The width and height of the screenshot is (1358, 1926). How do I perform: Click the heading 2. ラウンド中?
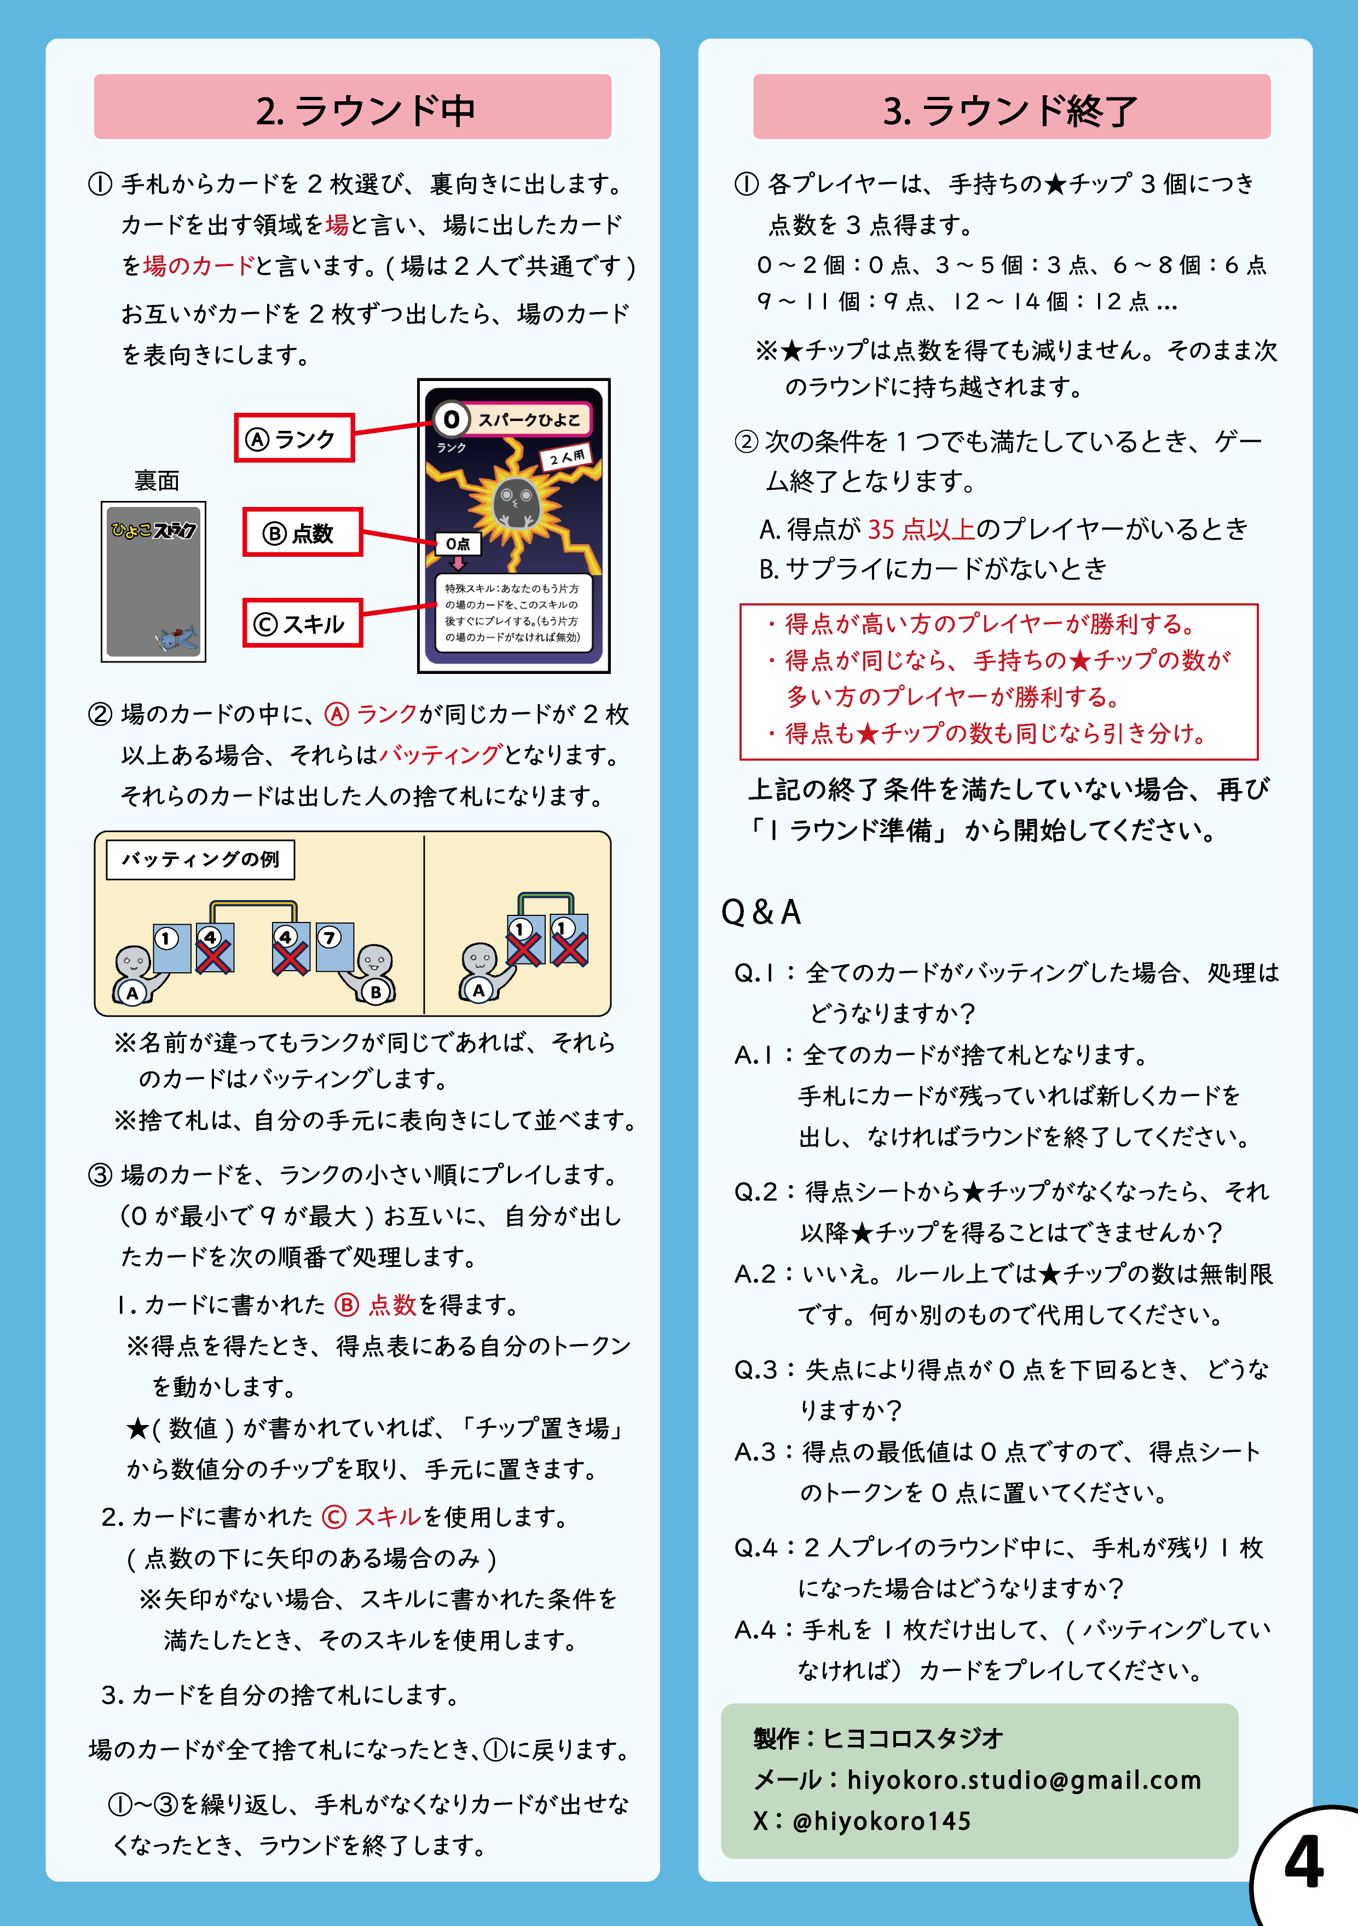tap(366, 111)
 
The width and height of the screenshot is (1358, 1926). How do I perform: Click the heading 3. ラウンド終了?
tap(1010, 111)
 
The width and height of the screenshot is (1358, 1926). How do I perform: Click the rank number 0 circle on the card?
tap(451, 419)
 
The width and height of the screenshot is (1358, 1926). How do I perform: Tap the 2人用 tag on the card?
tap(567, 457)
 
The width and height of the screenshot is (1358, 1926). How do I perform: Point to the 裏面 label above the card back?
tap(157, 481)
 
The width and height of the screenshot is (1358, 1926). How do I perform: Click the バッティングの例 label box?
tap(200, 859)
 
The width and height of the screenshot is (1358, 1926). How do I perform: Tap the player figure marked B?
tap(373, 976)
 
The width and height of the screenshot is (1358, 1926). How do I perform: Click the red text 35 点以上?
tap(921, 528)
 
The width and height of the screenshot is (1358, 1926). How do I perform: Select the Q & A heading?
tap(761, 912)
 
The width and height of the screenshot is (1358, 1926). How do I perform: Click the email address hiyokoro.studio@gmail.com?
tap(1024, 1779)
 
